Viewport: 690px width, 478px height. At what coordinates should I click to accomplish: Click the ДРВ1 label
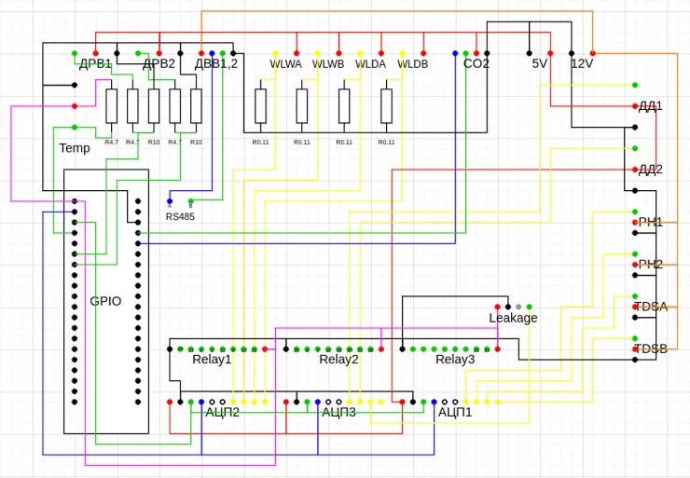(x=95, y=64)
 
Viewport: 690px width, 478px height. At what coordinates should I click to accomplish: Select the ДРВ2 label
(x=159, y=64)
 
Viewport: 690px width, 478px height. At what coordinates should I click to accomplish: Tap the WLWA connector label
(x=285, y=64)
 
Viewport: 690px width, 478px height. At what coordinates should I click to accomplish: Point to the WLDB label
(x=412, y=64)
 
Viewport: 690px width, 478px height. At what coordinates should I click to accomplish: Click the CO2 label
(x=476, y=64)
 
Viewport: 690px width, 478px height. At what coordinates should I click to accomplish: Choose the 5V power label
(x=539, y=64)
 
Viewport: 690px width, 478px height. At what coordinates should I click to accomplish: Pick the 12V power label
(x=581, y=64)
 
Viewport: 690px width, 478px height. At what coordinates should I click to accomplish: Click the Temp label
(x=75, y=148)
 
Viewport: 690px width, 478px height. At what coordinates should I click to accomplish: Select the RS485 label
(x=180, y=217)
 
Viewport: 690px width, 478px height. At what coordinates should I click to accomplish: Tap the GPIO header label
(x=105, y=302)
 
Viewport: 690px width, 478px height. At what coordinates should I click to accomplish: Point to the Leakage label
(x=513, y=319)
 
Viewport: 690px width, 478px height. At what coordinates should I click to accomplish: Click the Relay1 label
(x=212, y=360)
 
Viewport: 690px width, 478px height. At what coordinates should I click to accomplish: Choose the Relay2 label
(x=338, y=360)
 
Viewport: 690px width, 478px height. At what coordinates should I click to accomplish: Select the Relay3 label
(x=455, y=360)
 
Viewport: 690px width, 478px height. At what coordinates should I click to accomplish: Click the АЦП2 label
(x=222, y=412)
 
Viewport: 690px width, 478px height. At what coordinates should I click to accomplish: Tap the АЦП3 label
(x=338, y=412)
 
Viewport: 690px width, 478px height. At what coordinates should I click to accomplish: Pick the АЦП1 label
(x=455, y=412)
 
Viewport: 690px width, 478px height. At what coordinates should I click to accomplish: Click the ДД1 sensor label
(x=650, y=106)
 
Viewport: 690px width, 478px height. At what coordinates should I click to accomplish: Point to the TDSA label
(x=650, y=307)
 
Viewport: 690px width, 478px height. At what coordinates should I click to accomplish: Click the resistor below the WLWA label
(x=260, y=106)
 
